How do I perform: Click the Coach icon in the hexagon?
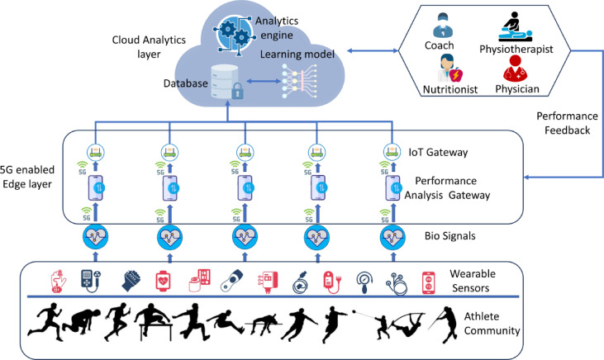coord(442,26)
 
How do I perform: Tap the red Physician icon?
coord(516,69)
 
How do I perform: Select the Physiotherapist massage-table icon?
coord(516,27)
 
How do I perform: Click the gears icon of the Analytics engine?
coord(234,34)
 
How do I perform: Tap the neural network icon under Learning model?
coord(299,81)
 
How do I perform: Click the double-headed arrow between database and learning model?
coord(264,81)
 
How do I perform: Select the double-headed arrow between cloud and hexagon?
coord(373,50)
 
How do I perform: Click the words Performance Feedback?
coord(567,123)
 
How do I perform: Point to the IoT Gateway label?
coord(439,153)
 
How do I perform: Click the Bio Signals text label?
coord(450,235)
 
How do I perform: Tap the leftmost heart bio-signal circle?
coord(96,237)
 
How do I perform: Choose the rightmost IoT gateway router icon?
coord(392,152)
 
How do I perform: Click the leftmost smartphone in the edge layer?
coord(97,188)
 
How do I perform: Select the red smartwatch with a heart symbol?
coord(164,281)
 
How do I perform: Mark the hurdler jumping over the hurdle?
coord(154,322)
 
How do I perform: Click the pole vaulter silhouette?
coord(407,323)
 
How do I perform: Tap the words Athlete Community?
coord(492,324)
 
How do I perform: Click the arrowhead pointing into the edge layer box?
coord(527,178)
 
